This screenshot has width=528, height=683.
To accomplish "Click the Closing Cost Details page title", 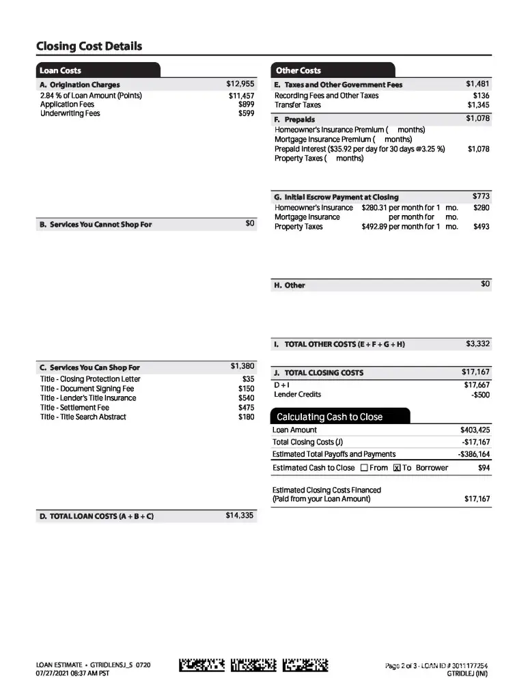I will [x=89, y=46].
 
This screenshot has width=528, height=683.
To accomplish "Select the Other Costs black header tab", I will [x=298, y=70].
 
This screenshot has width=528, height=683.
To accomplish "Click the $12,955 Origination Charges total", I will [x=240, y=84].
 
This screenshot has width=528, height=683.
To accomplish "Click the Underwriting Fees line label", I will [x=70, y=113].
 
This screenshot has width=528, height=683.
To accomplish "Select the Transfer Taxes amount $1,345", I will [x=478, y=105].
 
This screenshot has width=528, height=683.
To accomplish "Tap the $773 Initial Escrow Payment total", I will [x=481, y=197].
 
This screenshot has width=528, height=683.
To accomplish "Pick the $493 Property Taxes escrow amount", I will [x=481, y=227].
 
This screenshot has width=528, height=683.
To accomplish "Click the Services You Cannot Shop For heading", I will [x=96, y=224].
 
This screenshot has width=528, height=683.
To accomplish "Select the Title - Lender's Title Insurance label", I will [x=88, y=398].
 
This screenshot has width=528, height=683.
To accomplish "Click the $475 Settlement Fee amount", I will [x=246, y=408].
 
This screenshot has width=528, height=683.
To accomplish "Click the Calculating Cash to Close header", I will [x=329, y=417].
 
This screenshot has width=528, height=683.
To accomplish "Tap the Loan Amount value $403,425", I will [x=475, y=430].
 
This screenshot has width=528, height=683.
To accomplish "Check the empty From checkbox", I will [x=364, y=468].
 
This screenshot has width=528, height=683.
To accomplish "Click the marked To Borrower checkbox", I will [x=397, y=468].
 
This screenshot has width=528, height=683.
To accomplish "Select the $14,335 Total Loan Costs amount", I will [x=239, y=516].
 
